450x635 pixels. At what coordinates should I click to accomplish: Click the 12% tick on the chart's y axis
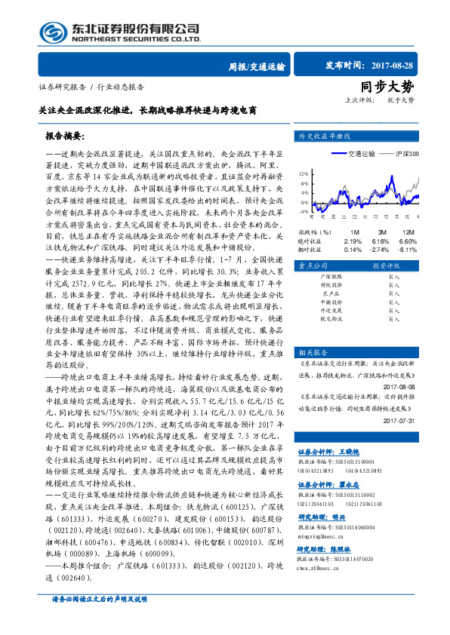point(303,173)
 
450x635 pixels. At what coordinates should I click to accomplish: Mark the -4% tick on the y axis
point(303,213)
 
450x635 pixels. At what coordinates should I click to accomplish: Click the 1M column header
point(354,232)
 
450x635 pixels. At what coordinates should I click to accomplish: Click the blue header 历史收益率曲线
point(325,137)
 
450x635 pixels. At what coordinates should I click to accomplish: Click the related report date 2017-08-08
point(399,386)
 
